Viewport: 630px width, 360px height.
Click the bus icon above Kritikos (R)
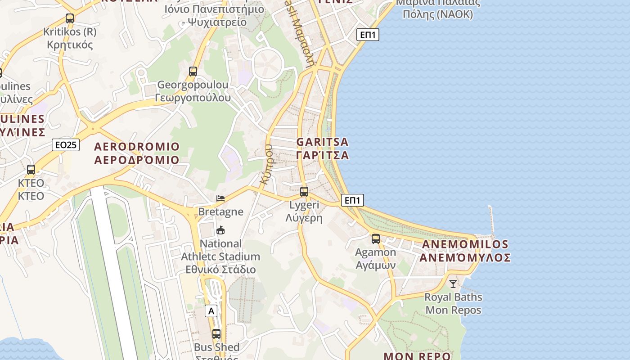tap(69, 18)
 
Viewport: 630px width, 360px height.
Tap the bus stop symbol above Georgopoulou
tap(193, 72)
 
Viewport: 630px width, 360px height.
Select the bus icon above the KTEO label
tap(31, 170)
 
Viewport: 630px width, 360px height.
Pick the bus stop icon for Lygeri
tap(304, 192)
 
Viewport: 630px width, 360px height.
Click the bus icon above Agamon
tap(376, 239)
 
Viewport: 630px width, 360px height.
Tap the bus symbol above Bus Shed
tap(216, 334)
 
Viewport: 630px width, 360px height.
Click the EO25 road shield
tap(66, 145)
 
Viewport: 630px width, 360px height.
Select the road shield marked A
tap(211, 310)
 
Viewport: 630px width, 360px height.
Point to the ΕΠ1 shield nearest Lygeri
tap(352, 200)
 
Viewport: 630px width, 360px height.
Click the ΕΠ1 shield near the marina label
tap(368, 35)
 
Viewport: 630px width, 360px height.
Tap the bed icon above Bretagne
tap(220, 198)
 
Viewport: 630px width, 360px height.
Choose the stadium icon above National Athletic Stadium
tap(220, 230)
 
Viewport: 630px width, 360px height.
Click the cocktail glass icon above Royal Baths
tap(453, 283)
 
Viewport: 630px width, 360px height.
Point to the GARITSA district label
tap(322, 142)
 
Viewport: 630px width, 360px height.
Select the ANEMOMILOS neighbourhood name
tap(465, 245)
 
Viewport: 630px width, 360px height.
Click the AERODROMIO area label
tap(137, 147)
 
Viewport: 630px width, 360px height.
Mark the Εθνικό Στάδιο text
tap(220, 270)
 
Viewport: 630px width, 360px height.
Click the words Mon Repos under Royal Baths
tap(453, 310)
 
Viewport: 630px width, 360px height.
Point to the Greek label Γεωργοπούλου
tap(193, 98)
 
